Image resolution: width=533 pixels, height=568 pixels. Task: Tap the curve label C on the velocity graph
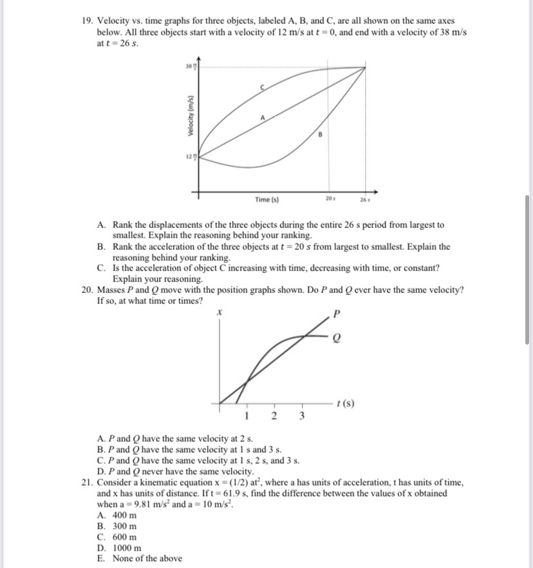coord(261,86)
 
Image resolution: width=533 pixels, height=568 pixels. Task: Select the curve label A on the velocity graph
coord(262,118)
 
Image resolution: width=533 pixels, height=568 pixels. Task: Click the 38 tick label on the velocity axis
coord(189,66)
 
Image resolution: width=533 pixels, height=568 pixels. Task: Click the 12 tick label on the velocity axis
coord(189,156)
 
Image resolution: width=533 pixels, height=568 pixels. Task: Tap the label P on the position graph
coord(335,315)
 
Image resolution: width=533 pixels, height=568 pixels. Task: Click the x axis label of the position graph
coord(220,312)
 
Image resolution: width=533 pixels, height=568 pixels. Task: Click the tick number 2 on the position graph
coord(274,415)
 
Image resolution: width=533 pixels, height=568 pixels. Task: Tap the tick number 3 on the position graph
coord(301,415)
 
